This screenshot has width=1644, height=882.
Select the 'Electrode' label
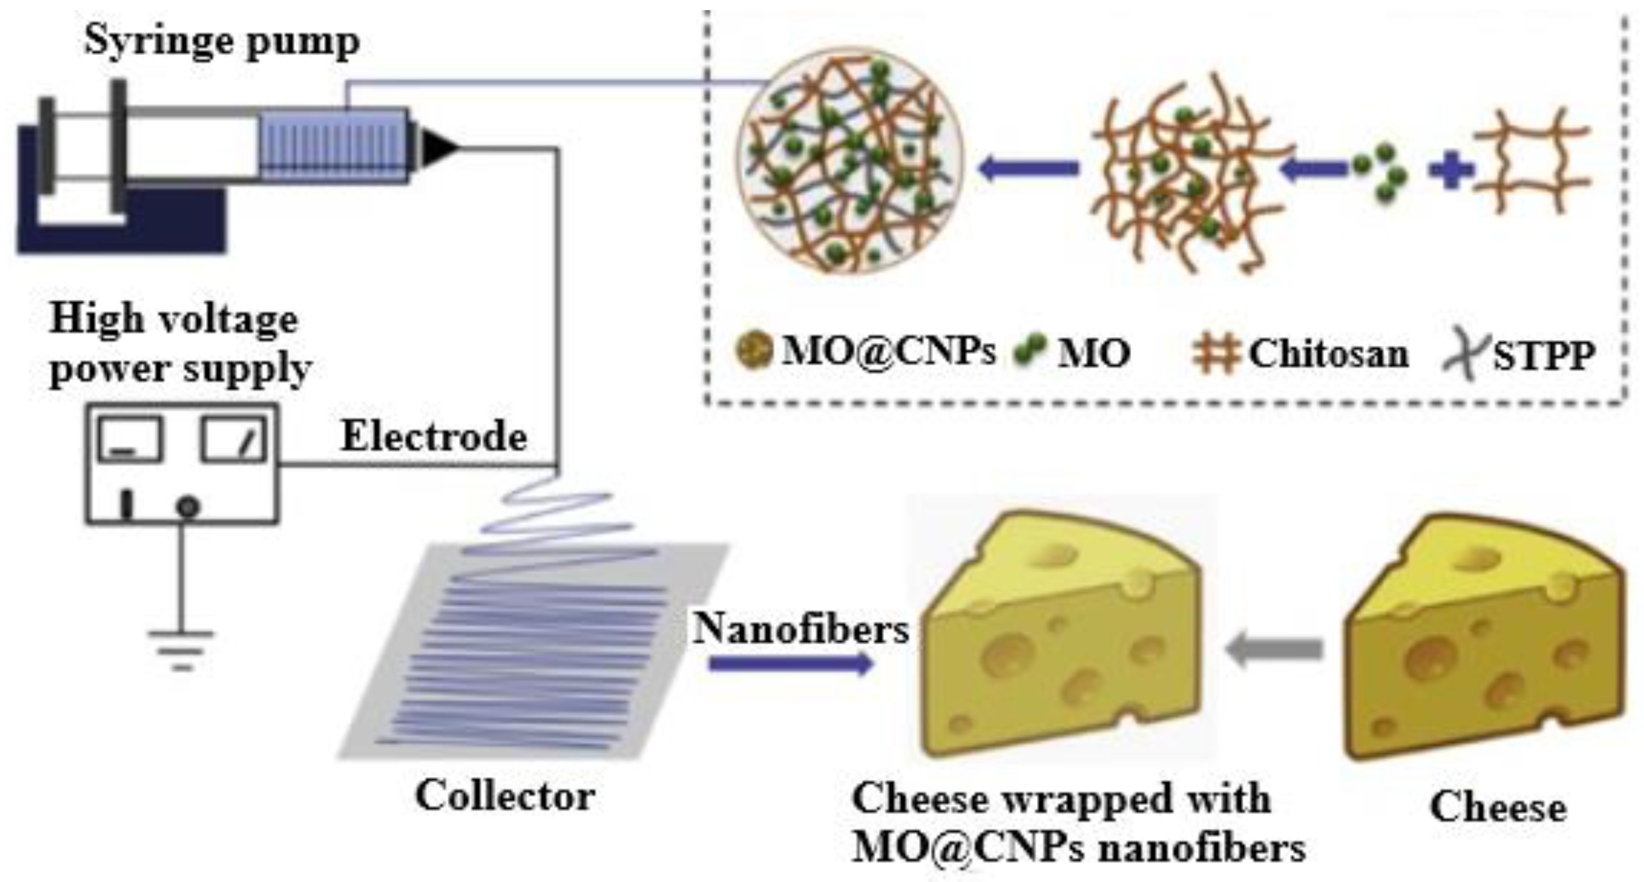(x=434, y=437)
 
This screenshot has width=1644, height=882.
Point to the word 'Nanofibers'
(x=801, y=629)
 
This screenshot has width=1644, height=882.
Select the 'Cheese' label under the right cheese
(x=1498, y=808)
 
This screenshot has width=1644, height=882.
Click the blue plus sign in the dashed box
(x=1451, y=171)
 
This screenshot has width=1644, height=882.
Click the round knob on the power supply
(x=188, y=508)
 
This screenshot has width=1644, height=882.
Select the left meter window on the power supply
(x=130, y=439)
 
